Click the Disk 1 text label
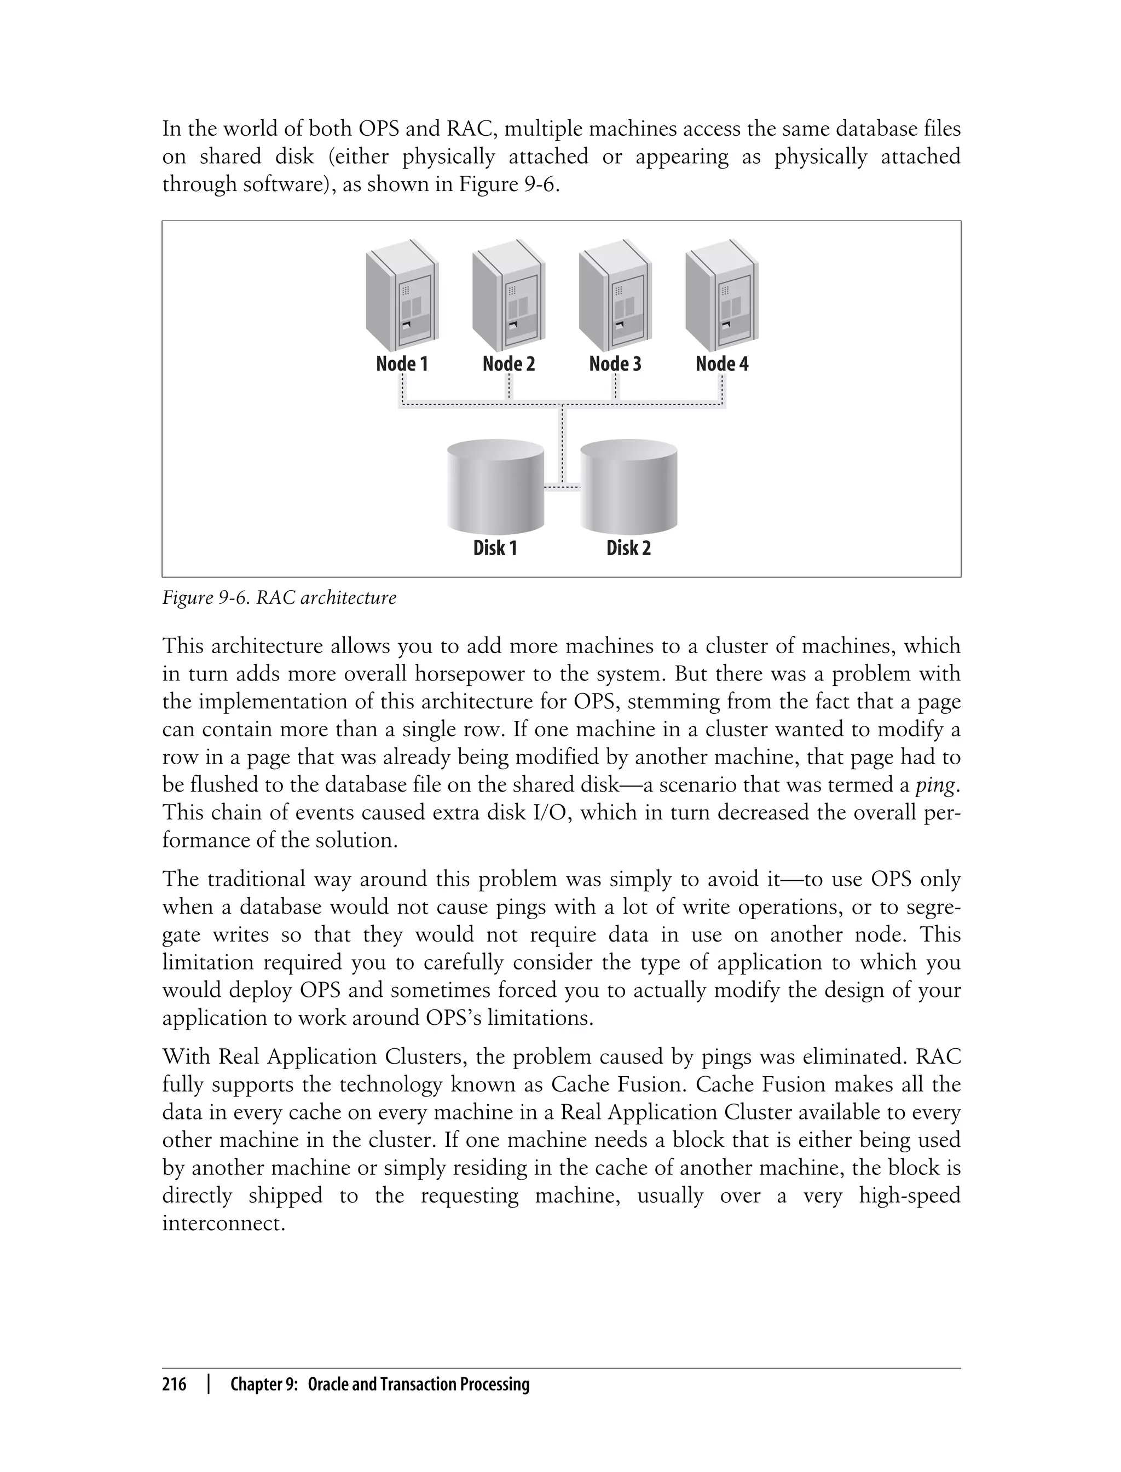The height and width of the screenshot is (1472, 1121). [495, 548]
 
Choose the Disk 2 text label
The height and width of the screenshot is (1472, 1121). [628, 548]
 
